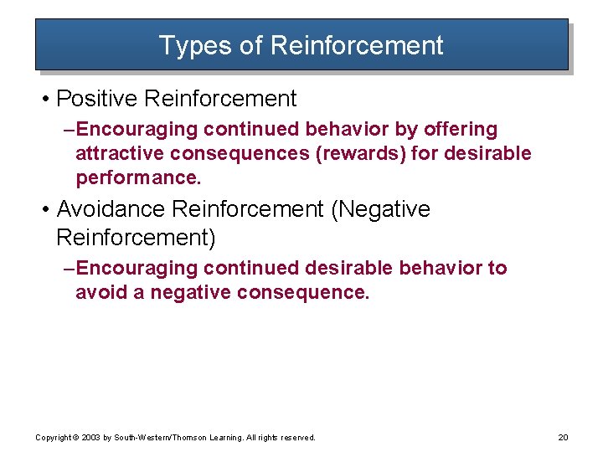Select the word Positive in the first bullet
pos(97,99)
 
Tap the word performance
pos(138,178)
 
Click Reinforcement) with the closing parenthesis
pos(136,238)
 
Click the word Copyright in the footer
pos(52,438)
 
